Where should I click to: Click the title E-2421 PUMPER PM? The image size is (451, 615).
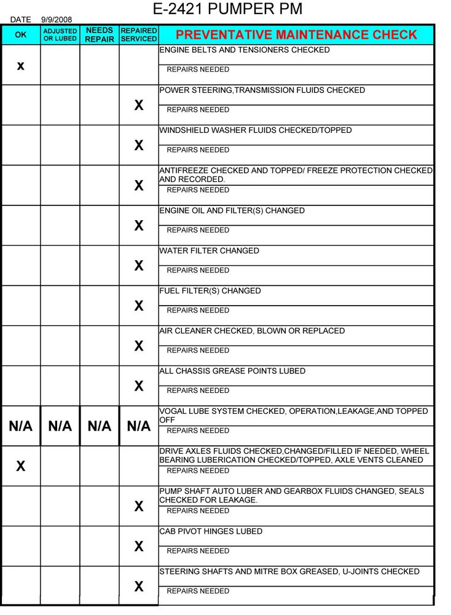point(227,10)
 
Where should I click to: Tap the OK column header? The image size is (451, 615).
point(21,34)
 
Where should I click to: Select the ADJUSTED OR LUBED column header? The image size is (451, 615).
point(60,34)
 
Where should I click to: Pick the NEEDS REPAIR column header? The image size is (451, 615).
point(100,34)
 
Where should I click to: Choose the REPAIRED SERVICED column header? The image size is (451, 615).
point(139,34)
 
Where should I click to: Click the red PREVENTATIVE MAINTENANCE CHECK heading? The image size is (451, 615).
point(296,34)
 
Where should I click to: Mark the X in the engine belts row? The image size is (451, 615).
point(21,65)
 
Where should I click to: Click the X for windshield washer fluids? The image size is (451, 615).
point(139,145)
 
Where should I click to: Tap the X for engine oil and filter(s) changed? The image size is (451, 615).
point(139,225)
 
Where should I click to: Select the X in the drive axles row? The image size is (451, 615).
point(21,466)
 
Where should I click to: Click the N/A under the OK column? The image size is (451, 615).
point(21,426)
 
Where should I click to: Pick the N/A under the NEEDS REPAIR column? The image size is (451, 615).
point(100,426)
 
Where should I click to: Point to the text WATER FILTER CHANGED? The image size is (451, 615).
point(209,251)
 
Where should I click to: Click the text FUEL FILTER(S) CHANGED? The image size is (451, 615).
point(210,291)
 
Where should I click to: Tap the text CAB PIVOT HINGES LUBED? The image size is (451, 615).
point(211,531)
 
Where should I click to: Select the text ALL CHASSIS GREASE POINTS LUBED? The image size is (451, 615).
point(232,371)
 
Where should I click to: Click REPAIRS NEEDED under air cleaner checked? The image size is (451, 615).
point(198,351)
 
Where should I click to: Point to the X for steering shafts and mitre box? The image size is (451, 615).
point(139,586)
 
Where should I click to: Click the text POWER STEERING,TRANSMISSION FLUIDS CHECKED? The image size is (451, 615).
point(262,90)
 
